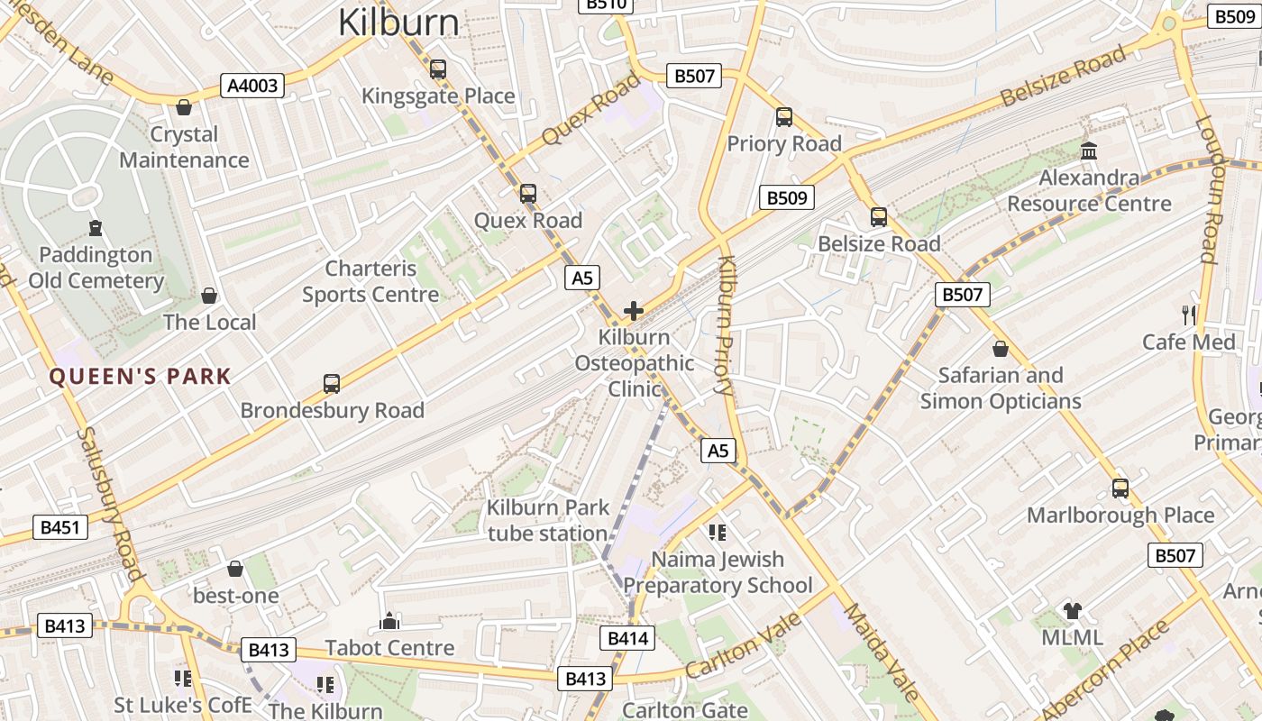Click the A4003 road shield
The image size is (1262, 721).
(253, 86)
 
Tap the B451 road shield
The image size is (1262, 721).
(61, 527)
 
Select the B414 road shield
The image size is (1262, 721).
(626, 638)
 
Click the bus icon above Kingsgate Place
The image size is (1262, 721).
(438, 69)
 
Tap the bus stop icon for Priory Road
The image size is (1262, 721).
(784, 116)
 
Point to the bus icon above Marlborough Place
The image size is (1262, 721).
(1120, 488)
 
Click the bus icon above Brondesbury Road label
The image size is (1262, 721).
(332, 384)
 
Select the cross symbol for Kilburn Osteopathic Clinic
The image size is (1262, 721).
(634, 311)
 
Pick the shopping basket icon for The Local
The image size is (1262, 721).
(209, 296)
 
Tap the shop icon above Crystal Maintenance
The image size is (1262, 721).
(185, 107)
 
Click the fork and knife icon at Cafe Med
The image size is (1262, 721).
(1189, 315)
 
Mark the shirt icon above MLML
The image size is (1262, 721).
(1072, 610)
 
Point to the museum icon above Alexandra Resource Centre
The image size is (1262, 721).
(1089, 151)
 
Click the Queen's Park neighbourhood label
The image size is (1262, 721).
(140, 377)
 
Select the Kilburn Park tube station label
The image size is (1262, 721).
(548, 520)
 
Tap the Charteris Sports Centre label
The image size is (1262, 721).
(370, 281)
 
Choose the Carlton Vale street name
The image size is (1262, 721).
(743, 645)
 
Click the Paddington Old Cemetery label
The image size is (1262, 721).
(96, 268)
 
